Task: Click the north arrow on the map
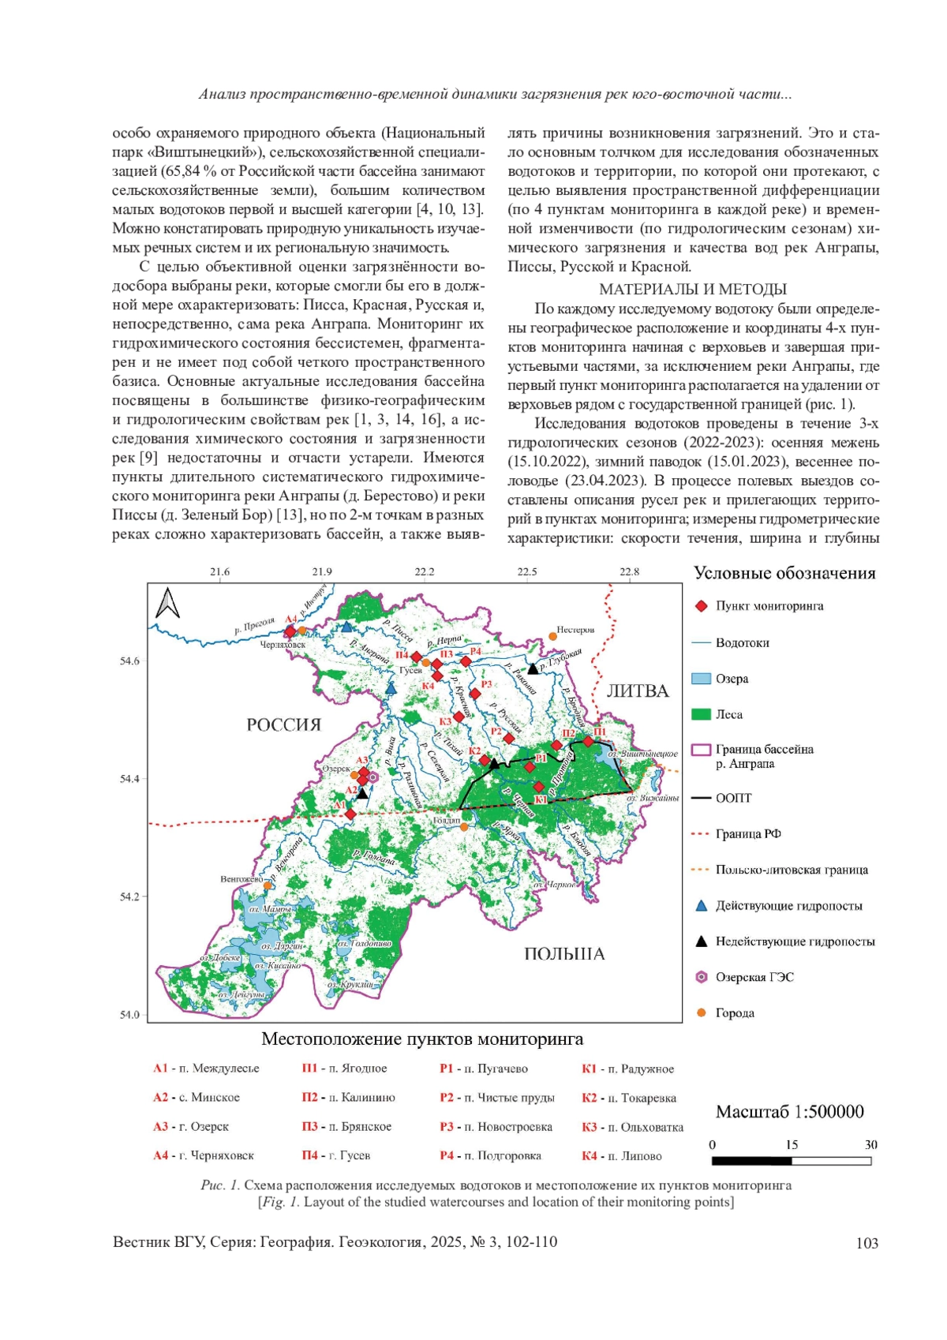pos(168,604)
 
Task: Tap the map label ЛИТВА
pos(638,691)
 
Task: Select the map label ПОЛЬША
pos(564,954)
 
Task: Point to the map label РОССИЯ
pos(284,724)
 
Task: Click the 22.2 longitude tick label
pos(425,572)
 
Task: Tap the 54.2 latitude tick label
pos(129,896)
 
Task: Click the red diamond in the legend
pos(701,606)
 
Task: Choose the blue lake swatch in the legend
pos(701,679)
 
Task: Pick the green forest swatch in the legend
pos(701,714)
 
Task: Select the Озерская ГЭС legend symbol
pos(701,977)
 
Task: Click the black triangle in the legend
pos(701,941)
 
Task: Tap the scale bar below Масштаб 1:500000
pos(791,1161)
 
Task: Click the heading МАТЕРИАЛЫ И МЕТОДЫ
pos(693,290)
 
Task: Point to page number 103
pos(867,1244)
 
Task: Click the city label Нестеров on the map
pos(575,630)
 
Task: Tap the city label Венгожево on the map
pos(241,878)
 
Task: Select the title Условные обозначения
pos(784,574)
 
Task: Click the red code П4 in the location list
pos(309,1155)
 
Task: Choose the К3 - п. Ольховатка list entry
pos(632,1127)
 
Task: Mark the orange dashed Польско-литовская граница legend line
pos(701,870)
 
